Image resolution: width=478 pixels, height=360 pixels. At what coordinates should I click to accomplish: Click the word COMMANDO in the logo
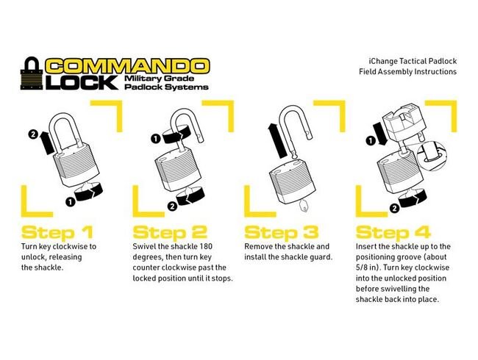[127, 67]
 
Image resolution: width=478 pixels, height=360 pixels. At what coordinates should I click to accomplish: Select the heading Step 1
[57, 233]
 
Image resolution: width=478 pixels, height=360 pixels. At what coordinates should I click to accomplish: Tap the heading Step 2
[170, 233]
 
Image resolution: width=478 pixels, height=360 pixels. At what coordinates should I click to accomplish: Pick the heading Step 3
[282, 233]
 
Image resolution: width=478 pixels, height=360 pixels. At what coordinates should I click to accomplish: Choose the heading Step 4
[393, 233]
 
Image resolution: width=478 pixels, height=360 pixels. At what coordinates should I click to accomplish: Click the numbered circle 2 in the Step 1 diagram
[32, 134]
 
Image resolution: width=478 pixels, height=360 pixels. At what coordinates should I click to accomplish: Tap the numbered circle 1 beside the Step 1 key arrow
[71, 201]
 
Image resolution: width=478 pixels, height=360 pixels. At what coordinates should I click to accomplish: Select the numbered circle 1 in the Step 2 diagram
[156, 139]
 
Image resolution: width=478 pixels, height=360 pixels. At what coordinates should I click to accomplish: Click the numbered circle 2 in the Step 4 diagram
[394, 209]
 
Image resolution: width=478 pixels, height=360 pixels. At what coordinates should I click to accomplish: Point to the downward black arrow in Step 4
[380, 133]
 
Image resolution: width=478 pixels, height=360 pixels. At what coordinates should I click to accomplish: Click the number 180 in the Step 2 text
[206, 246]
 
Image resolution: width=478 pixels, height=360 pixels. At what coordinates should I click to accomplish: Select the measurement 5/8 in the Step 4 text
[362, 267]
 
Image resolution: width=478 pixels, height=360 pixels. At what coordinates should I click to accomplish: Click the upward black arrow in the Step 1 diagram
[46, 143]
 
